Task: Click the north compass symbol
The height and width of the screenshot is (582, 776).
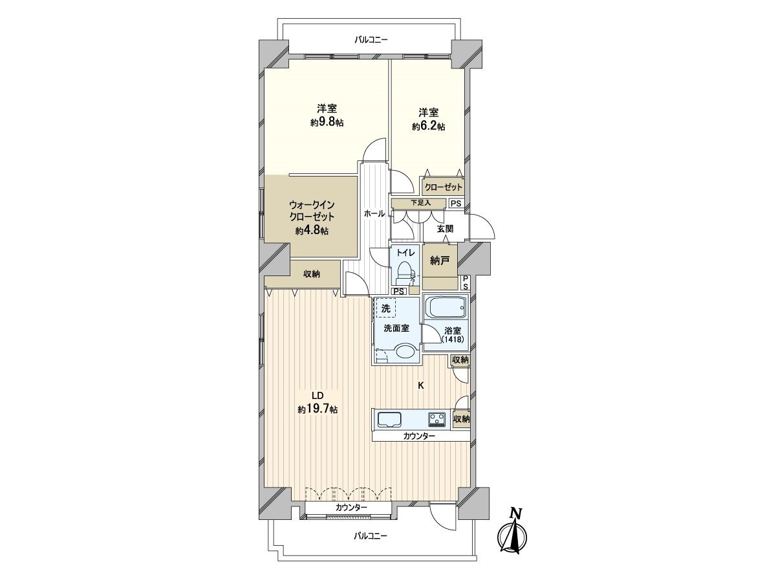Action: pos(515,533)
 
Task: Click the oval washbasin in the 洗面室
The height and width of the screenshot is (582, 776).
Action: pos(405,352)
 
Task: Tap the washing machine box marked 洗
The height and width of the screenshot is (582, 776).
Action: pos(386,308)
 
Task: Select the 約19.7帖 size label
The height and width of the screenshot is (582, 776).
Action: pos(317,409)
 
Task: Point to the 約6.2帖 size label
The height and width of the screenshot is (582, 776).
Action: pos(428,127)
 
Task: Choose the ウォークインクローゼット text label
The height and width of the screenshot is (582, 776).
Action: pos(312,211)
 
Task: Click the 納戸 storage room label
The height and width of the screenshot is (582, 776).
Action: pos(439,261)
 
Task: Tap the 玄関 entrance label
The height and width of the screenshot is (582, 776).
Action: pos(444,228)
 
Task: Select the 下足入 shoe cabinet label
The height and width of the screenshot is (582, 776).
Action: pos(419,203)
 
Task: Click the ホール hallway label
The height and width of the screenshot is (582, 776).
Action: pos(374,213)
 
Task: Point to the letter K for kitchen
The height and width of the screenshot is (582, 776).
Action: pos(420,386)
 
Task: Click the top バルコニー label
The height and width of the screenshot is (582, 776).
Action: pos(371,40)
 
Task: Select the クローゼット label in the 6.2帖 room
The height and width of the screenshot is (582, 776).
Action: pos(443,188)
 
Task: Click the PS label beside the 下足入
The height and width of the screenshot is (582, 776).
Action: pos(456,204)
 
